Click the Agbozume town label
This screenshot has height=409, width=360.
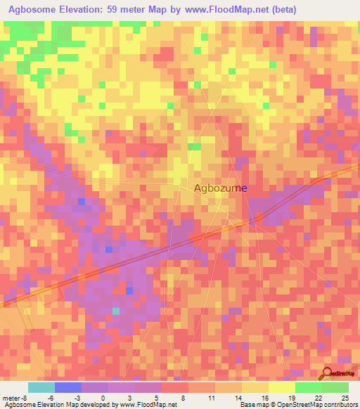pyautogui.click(x=221, y=188)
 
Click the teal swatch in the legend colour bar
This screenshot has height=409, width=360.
pyautogui.click(x=41, y=387)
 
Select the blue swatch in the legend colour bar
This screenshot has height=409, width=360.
pyautogui.click(x=67, y=387)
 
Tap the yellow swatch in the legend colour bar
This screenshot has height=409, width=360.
pyautogui.click(x=281, y=387)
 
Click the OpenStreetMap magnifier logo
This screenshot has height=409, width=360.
pyautogui.click(x=328, y=374)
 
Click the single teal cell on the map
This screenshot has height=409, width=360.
pyautogui.click(x=116, y=311)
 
